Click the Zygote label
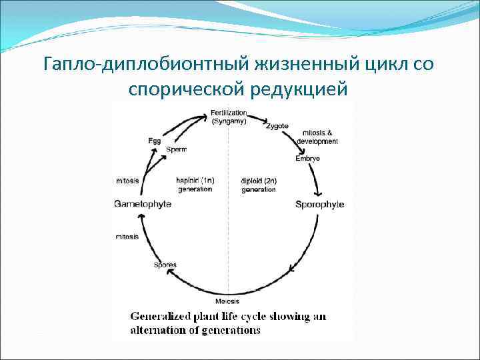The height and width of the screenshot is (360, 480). point(277,126)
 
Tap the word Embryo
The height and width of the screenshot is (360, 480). point(307,159)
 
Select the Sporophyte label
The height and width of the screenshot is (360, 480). point(319,204)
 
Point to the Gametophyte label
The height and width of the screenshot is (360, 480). point(142,203)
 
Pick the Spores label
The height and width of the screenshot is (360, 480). point(165,265)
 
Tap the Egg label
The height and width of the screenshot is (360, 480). point(154,141)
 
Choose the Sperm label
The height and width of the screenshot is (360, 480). point(177,149)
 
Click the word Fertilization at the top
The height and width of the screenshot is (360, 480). point(228,113)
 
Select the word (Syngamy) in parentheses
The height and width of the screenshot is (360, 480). point(228,121)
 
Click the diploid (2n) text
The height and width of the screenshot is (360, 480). point(258,180)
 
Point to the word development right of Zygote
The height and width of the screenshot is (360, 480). point(317,141)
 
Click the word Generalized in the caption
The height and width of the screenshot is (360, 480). point(161,317)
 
